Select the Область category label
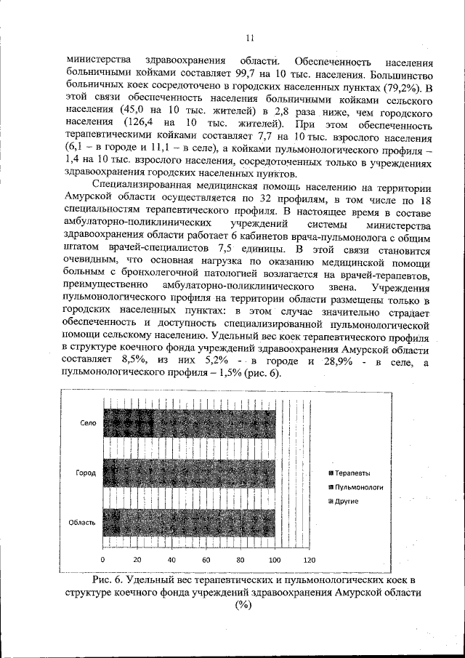(83, 523)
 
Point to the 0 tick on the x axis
(102, 560)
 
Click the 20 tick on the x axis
(137, 560)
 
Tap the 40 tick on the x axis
(171, 560)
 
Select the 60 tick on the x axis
(206, 560)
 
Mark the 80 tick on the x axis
(240, 560)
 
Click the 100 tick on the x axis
(275, 560)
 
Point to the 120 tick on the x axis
(310, 560)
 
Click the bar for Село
(188, 422)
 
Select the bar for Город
(188, 473)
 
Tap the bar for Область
(188, 523)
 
